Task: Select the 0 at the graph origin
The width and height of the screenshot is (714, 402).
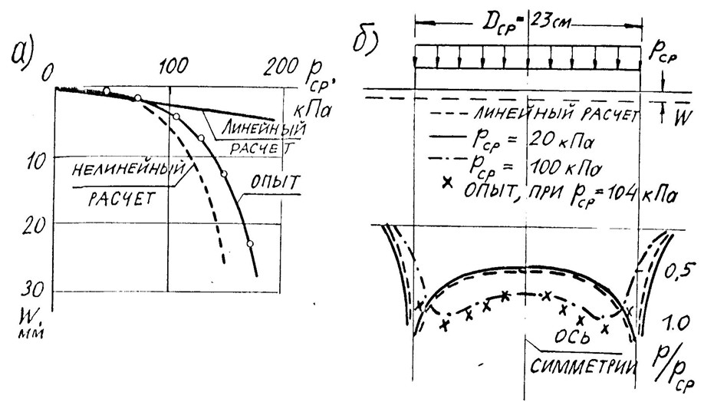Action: [51, 71]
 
